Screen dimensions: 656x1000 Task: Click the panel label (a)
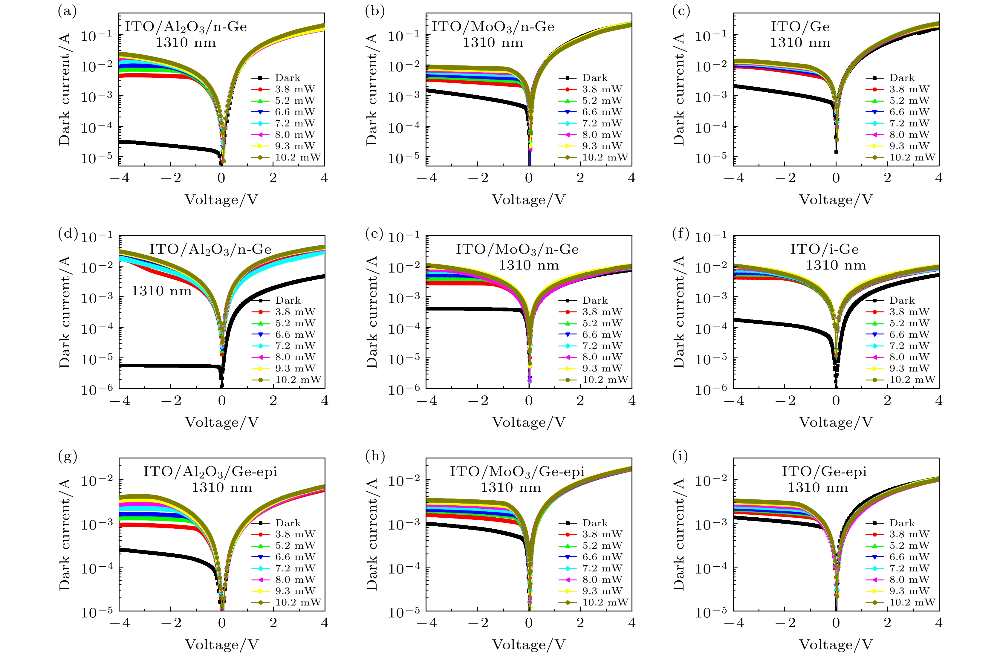[x=67, y=11]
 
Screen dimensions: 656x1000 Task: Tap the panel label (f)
[x=681, y=234]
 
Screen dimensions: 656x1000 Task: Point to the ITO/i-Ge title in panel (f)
[x=824, y=249]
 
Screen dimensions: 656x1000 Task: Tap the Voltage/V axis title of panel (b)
[x=529, y=200]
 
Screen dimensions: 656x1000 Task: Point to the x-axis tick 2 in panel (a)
[x=273, y=178]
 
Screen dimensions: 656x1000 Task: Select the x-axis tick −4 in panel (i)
[x=734, y=623]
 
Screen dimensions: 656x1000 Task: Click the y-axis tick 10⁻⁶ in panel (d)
[x=97, y=389]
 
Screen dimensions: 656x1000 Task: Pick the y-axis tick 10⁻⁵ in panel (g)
[x=97, y=612]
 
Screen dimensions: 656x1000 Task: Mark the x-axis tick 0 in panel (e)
[x=529, y=400]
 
